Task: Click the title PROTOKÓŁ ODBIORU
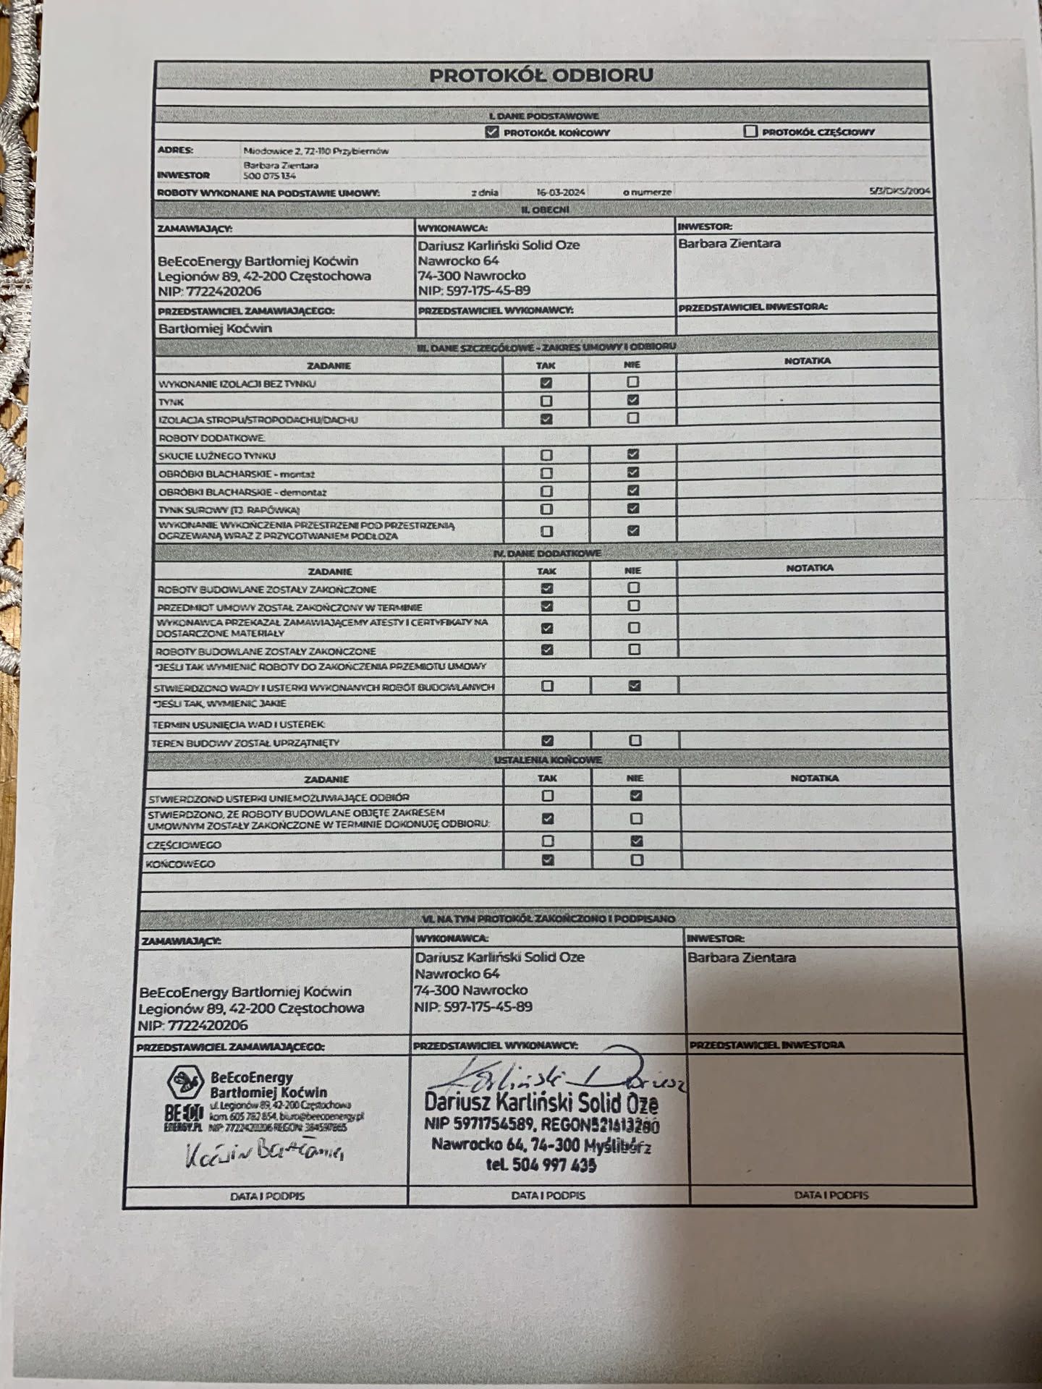coord(541,75)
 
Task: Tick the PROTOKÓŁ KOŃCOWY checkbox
coord(493,132)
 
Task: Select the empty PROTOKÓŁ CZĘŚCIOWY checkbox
coord(750,131)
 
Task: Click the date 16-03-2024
coord(561,192)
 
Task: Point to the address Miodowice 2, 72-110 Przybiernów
coord(316,151)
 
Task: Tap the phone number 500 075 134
coord(271,176)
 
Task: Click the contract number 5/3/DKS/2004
coord(899,191)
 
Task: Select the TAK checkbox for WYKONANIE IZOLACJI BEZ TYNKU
coord(546,383)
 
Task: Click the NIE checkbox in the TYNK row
coord(633,400)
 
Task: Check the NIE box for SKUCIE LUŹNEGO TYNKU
coord(633,454)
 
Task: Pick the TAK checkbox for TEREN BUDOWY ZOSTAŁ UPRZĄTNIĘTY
coord(548,740)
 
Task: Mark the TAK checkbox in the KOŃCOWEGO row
coord(548,860)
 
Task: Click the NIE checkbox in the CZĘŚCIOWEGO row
coord(637,841)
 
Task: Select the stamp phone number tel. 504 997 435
coord(541,1165)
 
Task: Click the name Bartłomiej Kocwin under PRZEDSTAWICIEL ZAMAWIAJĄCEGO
coord(215,328)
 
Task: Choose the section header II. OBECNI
coord(545,210)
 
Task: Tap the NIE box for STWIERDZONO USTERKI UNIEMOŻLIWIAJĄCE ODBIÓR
coord(636,796)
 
